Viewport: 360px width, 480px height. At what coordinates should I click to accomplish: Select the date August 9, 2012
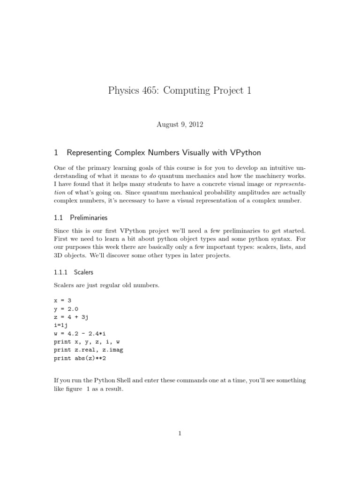click(x=180, y=125)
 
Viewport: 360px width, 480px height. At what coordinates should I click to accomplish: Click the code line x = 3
click(x=63, y=300)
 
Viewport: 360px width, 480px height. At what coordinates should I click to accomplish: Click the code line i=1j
click(x=61, y=325)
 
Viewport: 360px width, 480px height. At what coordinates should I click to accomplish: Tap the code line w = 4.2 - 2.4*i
click(x=82, y=334)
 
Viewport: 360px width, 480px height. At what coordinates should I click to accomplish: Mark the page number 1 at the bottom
click(x=180, y=434)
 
